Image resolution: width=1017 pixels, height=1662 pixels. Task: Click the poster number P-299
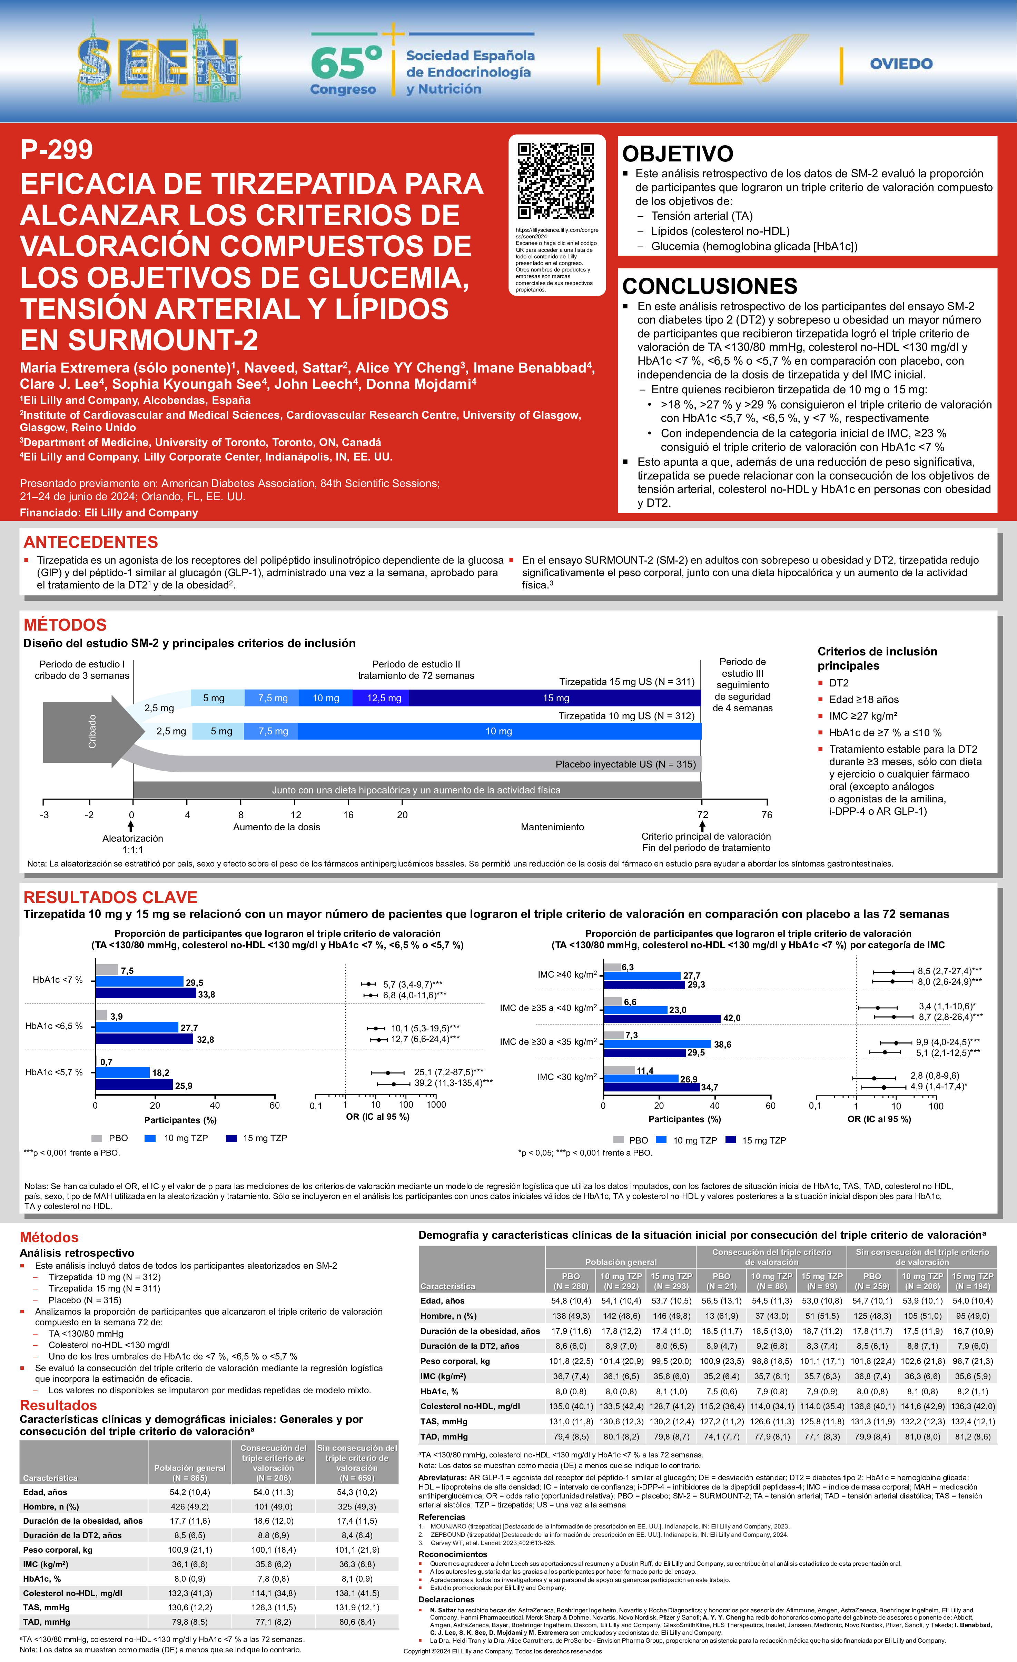(x=57, y=150)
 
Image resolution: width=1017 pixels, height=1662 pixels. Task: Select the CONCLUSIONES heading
(x=710, y=286)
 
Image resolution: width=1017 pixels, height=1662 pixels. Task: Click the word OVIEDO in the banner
(x=901, y=64)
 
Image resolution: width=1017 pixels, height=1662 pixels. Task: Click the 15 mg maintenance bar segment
(x=556, y=698)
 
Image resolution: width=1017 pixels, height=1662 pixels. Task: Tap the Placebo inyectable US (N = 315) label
(x=625, y=764)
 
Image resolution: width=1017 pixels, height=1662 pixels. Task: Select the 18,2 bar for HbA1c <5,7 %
(x=122, y=1072)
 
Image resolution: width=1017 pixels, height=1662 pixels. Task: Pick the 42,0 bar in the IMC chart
(x=662, y=1019)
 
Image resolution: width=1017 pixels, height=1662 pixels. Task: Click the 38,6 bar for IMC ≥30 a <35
(x=657, y=1044)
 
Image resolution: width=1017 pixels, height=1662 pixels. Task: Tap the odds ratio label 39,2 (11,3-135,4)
(x=453, y=1083)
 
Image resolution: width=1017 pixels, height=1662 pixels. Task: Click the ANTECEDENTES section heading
(x=90, y=542)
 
